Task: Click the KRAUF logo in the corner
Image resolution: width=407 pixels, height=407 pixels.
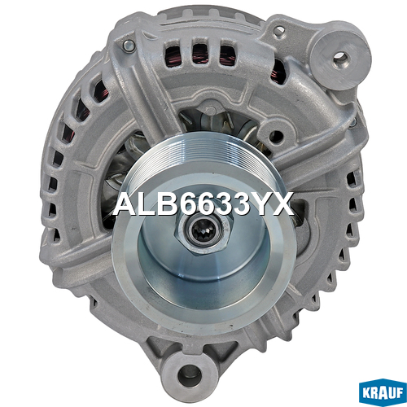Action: point(383,392)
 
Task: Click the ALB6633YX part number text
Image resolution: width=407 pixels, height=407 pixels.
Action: point(203,203)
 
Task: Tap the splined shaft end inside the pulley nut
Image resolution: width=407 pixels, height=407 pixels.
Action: point(203,231)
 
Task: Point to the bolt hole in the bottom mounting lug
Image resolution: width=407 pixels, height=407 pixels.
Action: point(190,375)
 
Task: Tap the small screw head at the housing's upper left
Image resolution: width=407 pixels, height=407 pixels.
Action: point(129,46)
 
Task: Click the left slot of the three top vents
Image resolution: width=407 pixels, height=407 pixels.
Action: point(173,55)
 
